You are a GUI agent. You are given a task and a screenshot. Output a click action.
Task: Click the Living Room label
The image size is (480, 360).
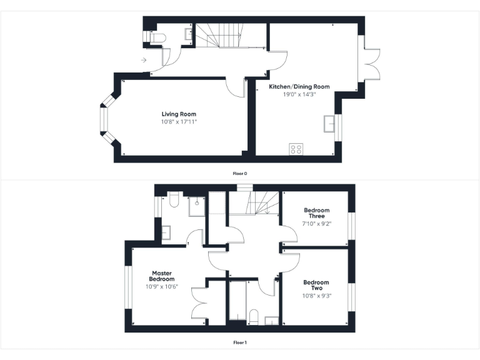tap(179, 114)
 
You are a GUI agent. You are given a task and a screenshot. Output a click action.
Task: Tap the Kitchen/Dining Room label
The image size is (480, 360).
tap(299, 86)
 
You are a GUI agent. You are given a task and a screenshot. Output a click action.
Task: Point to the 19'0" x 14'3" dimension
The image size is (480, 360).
tap(299, 94)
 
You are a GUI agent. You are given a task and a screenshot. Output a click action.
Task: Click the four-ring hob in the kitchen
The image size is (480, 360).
tap(296, 149)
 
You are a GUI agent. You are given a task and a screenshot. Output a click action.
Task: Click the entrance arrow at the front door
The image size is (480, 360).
tap(144, 60)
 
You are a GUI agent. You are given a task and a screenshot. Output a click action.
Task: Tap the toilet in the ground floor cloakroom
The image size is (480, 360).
tap(156, 38)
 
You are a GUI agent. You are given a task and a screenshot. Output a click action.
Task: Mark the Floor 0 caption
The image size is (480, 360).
tap(240, 173)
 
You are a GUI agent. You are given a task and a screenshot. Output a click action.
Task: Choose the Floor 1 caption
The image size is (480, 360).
tap(240, 342)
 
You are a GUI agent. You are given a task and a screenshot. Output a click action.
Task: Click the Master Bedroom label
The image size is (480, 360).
tap(161, 276)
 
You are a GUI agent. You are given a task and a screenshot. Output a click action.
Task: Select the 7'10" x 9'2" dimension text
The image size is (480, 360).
tap(316, 223)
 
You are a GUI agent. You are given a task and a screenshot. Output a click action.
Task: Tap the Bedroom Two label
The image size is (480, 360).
tap(316, 285)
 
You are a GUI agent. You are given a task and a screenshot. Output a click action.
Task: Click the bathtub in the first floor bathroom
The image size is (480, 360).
tap(237, 303)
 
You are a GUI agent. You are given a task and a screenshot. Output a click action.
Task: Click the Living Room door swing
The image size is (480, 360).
tap(236, 88)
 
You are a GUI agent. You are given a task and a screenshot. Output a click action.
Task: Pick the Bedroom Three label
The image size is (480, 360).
tap(316, 213)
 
